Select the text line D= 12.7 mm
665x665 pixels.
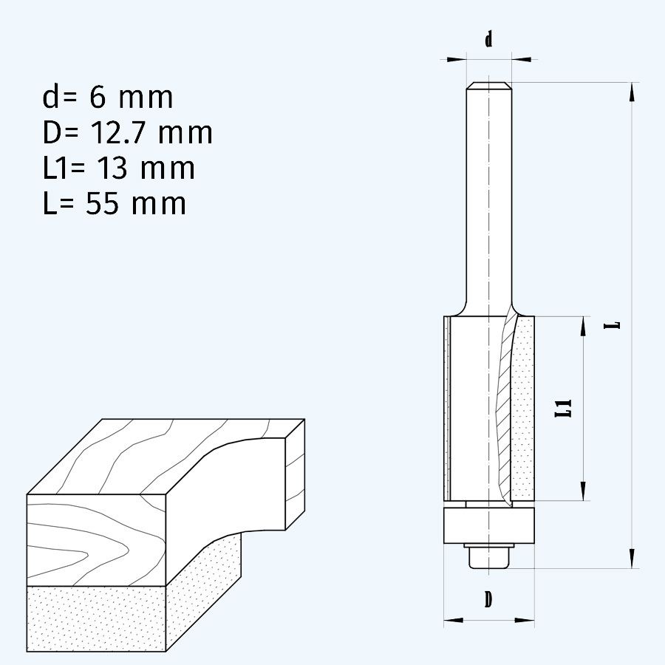click(x=128, y=133)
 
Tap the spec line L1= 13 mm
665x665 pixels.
click(x=119, y=168)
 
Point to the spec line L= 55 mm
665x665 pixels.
click(x=115, y=204)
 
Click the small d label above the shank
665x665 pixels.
click(x=488, y=40)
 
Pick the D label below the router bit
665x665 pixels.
click(x=488, y=599)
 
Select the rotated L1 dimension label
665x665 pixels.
click(x=564, y=408)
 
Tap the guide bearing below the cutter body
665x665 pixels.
click(x=488, y=525)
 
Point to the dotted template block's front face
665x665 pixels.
click(x=96, y=618)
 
